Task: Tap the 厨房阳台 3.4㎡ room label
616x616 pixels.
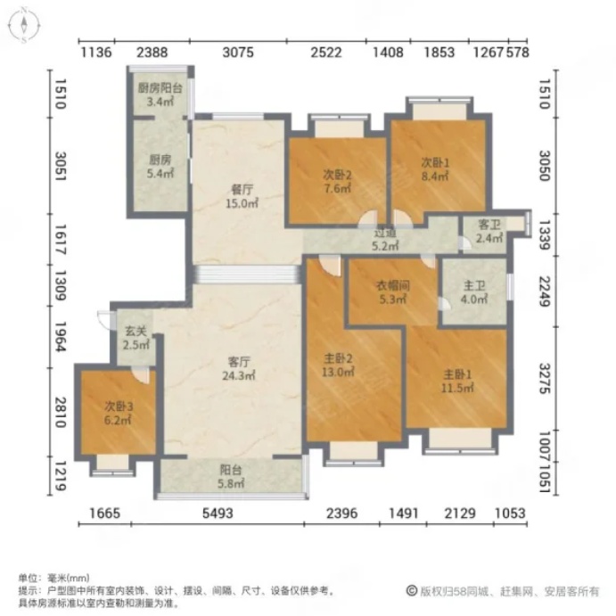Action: pos(160,94)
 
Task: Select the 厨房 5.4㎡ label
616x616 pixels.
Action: pos(160,167)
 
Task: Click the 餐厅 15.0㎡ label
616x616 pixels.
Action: pos(238,196)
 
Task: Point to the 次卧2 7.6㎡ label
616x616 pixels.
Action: pos(337,182)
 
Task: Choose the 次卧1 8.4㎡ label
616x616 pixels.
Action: pos(434,169)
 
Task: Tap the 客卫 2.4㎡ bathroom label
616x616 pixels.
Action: pos(489,234)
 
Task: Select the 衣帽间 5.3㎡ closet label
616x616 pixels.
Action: pos(390,292)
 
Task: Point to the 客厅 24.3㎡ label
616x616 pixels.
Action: pos(235,369)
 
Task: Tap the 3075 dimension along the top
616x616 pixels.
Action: pos(238,53)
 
